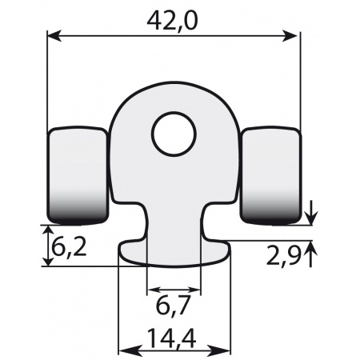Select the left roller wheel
click(78, 174)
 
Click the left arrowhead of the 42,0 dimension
click(54, 34)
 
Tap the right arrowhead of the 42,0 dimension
click(294, 34)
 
